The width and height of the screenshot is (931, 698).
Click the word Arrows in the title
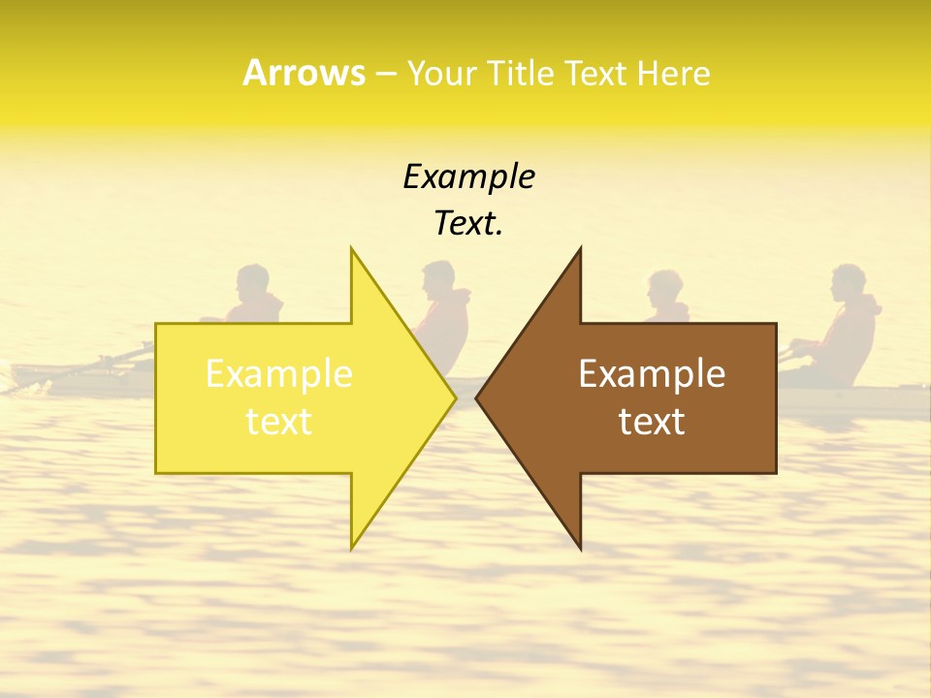(304, 73)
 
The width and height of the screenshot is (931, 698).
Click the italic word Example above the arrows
(468, 176)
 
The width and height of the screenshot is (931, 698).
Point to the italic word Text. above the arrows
(468, 223)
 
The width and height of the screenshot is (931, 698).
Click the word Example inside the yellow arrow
(278, 374)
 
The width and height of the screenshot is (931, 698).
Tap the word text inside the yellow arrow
(278, 421)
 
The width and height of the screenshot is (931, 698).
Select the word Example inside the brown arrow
(652, 374)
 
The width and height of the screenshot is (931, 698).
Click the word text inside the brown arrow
(652, 421)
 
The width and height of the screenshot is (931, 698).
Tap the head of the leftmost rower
(253, 282)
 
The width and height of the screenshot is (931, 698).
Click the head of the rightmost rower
(848, 282)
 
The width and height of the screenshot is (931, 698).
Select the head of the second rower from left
(438, 278)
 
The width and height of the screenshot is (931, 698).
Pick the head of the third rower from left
(666, 287)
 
